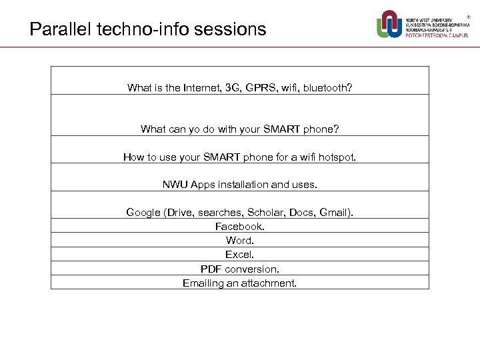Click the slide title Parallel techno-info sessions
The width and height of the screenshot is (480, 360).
click(148, 30)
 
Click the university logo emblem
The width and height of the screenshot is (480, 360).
click(390, 23)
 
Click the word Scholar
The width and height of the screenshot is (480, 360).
click(265, 213)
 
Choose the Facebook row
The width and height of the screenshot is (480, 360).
click(239, 227)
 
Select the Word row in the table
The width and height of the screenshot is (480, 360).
click(239, 241)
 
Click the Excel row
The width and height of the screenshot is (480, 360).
click(239, 255)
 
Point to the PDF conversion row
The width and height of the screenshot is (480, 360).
click(239, 269)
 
